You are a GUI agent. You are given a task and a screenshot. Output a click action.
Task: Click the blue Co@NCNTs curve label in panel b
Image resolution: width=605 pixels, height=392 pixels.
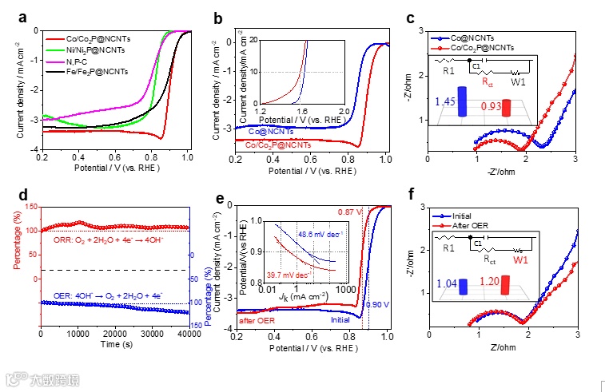click(273, 130)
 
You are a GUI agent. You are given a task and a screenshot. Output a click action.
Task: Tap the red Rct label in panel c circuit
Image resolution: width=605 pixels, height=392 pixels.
click(488, 81)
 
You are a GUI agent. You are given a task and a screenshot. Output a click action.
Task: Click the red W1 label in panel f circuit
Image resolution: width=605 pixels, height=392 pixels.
click(520, 259)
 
